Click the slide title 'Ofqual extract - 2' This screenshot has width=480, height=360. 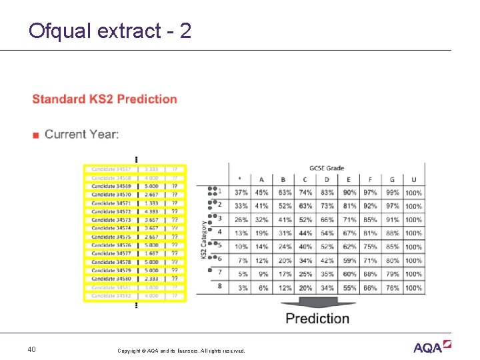[x=110, y=31]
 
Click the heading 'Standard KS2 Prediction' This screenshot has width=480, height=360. [x=105, y=99]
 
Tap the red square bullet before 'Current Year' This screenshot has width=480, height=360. [x=36, y=135]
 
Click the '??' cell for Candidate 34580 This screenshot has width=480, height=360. [x=175, y=279]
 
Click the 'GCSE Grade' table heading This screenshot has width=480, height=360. [x=327, y=168]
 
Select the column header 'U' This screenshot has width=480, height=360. [x=413, y=179]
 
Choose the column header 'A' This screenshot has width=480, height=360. [x=261, y=179]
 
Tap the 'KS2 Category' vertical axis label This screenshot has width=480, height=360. [x=205, y=240]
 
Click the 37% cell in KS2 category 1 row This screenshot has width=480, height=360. [x=241, y=193]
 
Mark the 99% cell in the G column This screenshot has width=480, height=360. [x=392, y=193]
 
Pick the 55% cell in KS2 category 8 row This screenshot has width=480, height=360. [x=349, y=287]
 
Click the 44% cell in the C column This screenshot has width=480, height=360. [x=305, y=233]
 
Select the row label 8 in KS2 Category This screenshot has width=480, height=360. [x=219, y=286]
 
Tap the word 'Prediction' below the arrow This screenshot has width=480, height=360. [x=317, y=319]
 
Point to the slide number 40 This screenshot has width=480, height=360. [x=32, y=349]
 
